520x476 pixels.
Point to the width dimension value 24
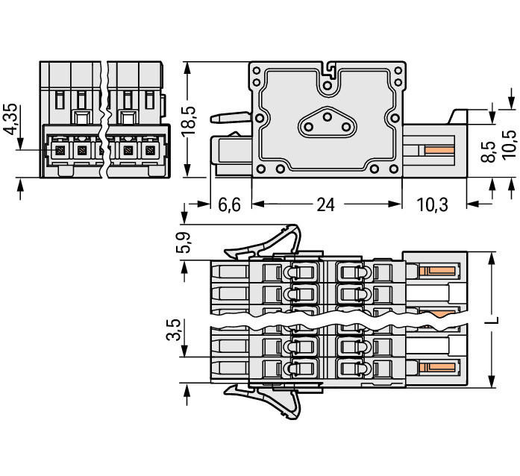(325, 204)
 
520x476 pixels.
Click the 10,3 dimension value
(432, 204)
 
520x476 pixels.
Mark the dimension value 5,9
(182, 242)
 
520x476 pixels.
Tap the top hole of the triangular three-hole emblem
(326, 117)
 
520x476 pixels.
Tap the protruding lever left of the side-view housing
(230, 118)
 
